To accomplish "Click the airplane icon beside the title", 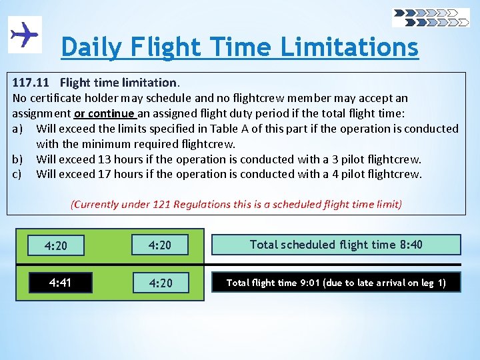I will click(25, 34).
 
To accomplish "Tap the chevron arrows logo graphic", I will click(431, 17).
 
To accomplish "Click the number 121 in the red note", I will click(162, 205).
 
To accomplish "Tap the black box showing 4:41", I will click(60, 283).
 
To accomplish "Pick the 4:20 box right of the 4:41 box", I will click(160, 283).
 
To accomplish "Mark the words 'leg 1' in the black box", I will click(433, 283).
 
